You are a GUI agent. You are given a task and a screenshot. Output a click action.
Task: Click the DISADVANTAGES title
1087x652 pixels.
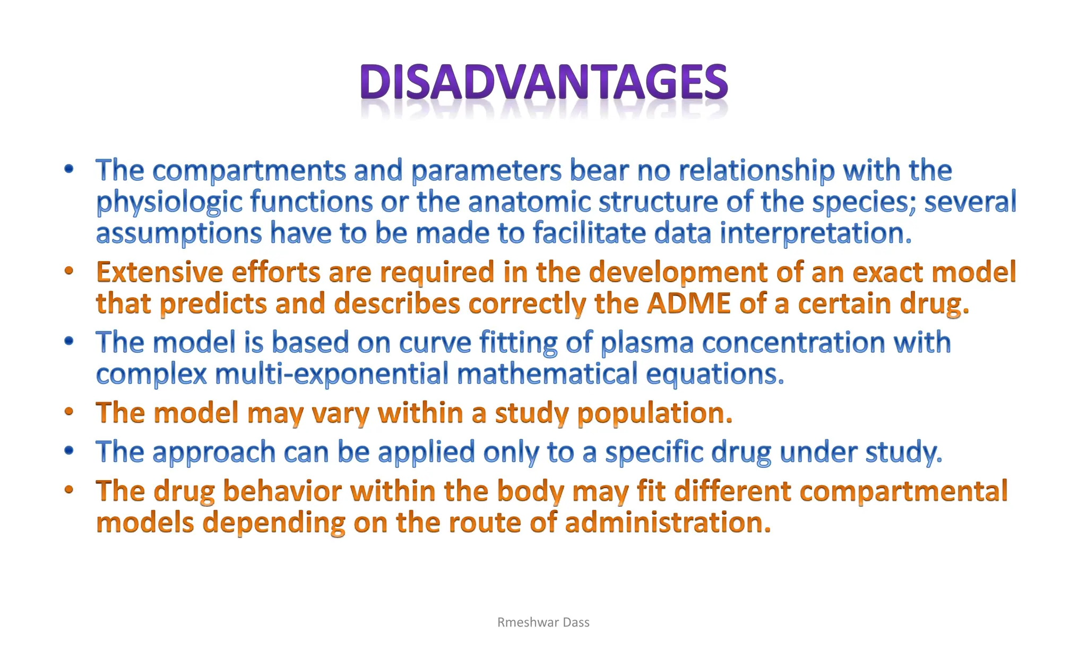pyautogui.click(x=543, y=83)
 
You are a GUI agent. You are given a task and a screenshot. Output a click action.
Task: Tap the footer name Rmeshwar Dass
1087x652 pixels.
pyautogui.click(x=543, y=622)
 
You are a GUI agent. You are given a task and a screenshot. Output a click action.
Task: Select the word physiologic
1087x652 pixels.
pyautogui.click(x=169, y=202)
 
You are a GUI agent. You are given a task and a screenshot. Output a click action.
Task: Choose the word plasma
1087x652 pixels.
pyautogui.click(x=647, y=342)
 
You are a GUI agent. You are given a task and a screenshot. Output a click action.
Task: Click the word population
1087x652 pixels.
pyautogui.click(x=654, y=413)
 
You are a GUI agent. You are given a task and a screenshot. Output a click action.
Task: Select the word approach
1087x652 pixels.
pyautogui.click(x=214, y=453)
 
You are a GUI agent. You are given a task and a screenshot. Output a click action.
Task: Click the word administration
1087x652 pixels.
pyautogui.click(x=667, y=523)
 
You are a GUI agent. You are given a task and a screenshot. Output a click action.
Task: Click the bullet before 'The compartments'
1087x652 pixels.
pyautogui.click(x=68, y=170)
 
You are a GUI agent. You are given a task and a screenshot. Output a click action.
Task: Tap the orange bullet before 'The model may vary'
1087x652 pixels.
pyautogui.click(x=68, y=412)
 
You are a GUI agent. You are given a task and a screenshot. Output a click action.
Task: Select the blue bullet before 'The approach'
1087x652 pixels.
pyautogui.click(x=68, y=451)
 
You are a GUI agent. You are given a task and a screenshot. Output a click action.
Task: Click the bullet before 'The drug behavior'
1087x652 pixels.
pyautogui.click(x=68, y=490)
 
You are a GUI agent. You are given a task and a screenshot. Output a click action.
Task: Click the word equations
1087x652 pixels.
pyautogui.click(x=714, y=374)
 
